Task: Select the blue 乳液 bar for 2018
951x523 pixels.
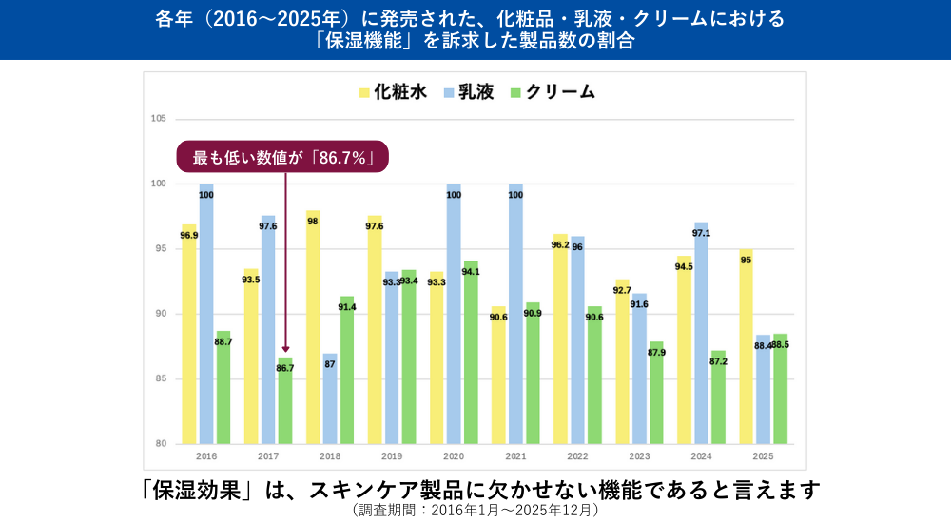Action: point(330,398)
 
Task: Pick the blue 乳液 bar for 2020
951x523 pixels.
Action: point(454,314)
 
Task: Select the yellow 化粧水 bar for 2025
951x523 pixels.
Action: point(747,346)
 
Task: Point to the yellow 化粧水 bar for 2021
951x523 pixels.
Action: point(498,375)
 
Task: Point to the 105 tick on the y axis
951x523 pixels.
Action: point(159,119)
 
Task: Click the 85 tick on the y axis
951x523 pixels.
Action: point(161,379)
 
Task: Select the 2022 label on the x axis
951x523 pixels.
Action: point(577,455)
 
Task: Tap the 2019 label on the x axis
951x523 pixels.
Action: point(392,455)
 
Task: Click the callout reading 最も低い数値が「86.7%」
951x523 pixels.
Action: point(283,157)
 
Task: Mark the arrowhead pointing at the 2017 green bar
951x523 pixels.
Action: point(285,351)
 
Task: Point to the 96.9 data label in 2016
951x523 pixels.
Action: point(189,235)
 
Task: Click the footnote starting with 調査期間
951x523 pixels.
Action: point(475,511)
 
